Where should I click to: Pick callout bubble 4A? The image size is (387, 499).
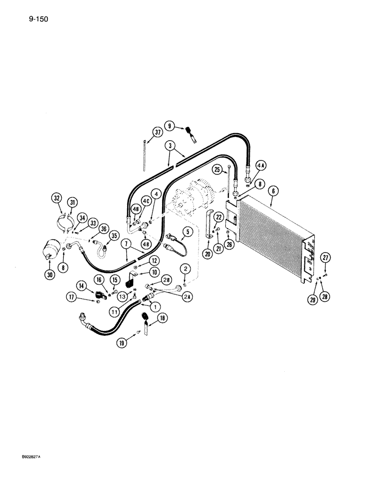tap(261, 166)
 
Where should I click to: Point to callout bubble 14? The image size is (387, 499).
tap(82, 286)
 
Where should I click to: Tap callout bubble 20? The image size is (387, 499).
tap(207, 253)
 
